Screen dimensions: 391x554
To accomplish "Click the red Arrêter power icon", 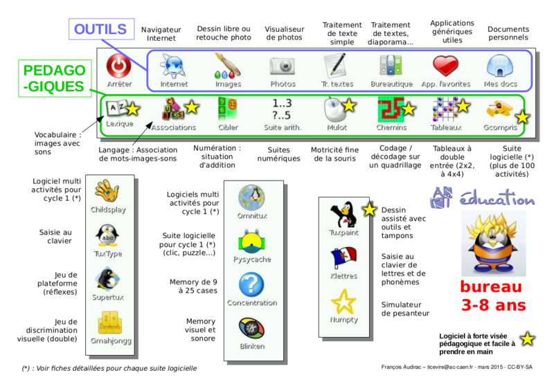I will [119, 66].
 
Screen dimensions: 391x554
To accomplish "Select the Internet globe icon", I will [172, 66].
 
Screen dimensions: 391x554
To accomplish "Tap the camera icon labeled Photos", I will [283, 66].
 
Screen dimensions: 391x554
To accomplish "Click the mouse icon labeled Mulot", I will [336, 109].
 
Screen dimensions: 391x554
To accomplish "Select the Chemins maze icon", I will [391, 109].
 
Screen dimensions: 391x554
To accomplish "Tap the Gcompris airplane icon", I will [499, 109].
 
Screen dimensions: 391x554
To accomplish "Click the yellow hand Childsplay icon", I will [107, 190].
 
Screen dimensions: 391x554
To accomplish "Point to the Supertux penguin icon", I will [107, 279].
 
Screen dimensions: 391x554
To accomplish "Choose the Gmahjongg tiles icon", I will [109, 322].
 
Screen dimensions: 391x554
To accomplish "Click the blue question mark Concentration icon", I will [251, 284].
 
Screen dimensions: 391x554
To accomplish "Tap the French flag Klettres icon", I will [343, 257].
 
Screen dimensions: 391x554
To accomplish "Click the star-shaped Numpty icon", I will [343, 302].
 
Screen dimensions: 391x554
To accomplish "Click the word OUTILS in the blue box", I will [100, 30].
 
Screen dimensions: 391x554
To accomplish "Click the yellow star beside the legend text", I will [528, 339].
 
